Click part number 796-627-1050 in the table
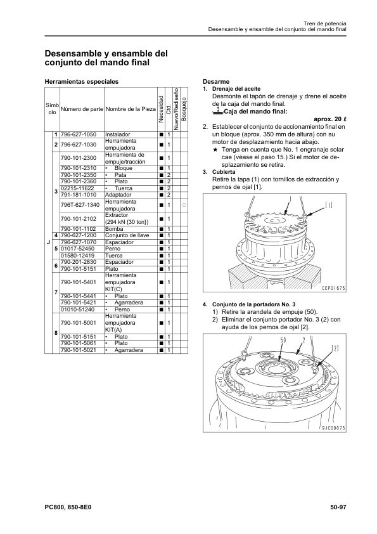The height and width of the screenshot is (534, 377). coord(79,134)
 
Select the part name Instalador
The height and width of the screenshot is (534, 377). coord(117,134)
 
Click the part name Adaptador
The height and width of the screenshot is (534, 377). coord(118,195)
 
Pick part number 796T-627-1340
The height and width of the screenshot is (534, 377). coord(80,205)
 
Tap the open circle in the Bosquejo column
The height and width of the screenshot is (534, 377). coord(184,205)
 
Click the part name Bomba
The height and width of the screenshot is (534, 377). coord(114,229)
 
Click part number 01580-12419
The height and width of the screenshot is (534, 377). coord(77,256)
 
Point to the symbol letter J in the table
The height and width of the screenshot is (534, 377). coord(48,242)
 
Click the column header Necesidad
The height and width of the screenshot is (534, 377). coord(162,109)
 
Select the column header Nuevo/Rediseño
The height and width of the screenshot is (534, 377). coord(176,109)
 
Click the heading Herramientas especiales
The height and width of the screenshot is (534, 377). coord(82,82)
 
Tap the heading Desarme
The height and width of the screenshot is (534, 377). coord(216,82)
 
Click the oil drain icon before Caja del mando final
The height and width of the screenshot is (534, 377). coord(217,111)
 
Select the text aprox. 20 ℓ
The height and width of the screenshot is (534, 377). coord(329,119)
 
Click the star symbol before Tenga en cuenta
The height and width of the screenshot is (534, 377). coord(215,150)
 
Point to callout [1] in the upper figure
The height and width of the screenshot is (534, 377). coord(329,205)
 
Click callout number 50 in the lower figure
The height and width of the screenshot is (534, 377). coord(283,339)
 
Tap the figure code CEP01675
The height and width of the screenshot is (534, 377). coord(333,288)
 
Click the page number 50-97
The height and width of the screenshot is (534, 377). coord(338,507)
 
